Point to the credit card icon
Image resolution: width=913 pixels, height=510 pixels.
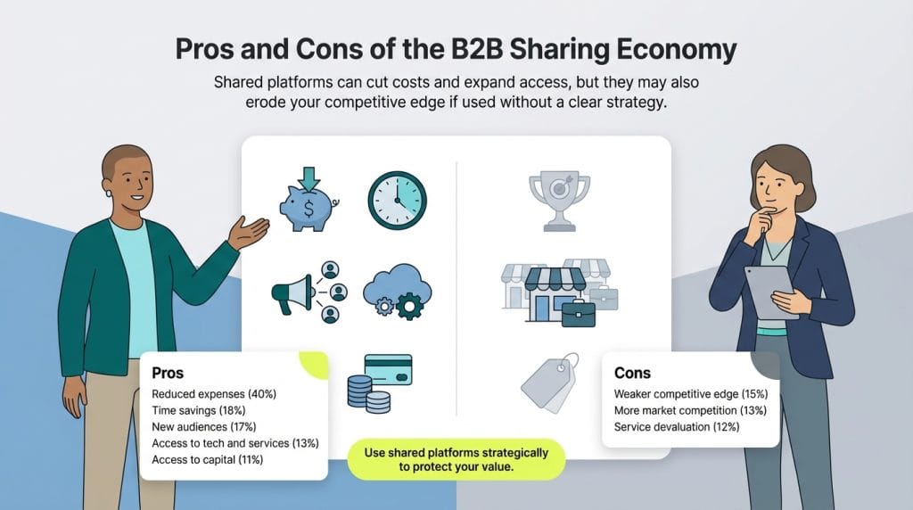point(388,369)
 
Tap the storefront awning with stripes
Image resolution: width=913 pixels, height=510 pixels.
point(555,279)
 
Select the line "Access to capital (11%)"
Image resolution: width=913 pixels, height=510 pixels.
point(208,460)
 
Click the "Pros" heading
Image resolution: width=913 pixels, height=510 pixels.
point(168,372)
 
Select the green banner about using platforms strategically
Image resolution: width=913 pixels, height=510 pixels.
point(456,459)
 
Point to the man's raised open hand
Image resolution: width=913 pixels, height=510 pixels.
point(249,231)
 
